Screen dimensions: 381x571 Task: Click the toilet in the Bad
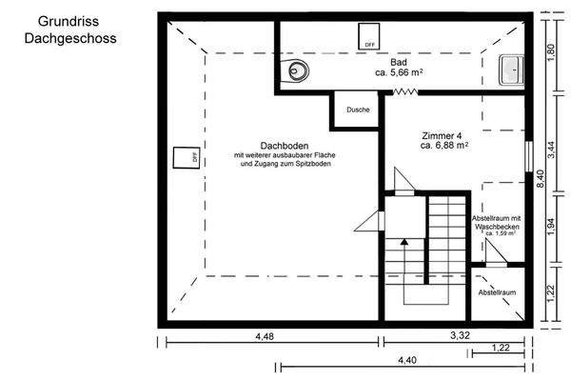point(299,69)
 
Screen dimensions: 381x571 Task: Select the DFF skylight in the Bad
point(365,36)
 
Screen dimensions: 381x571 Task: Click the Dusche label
point(358,109)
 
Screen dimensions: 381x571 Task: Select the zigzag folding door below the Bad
point(406,92)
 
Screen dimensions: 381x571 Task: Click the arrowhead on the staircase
point(404,242)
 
